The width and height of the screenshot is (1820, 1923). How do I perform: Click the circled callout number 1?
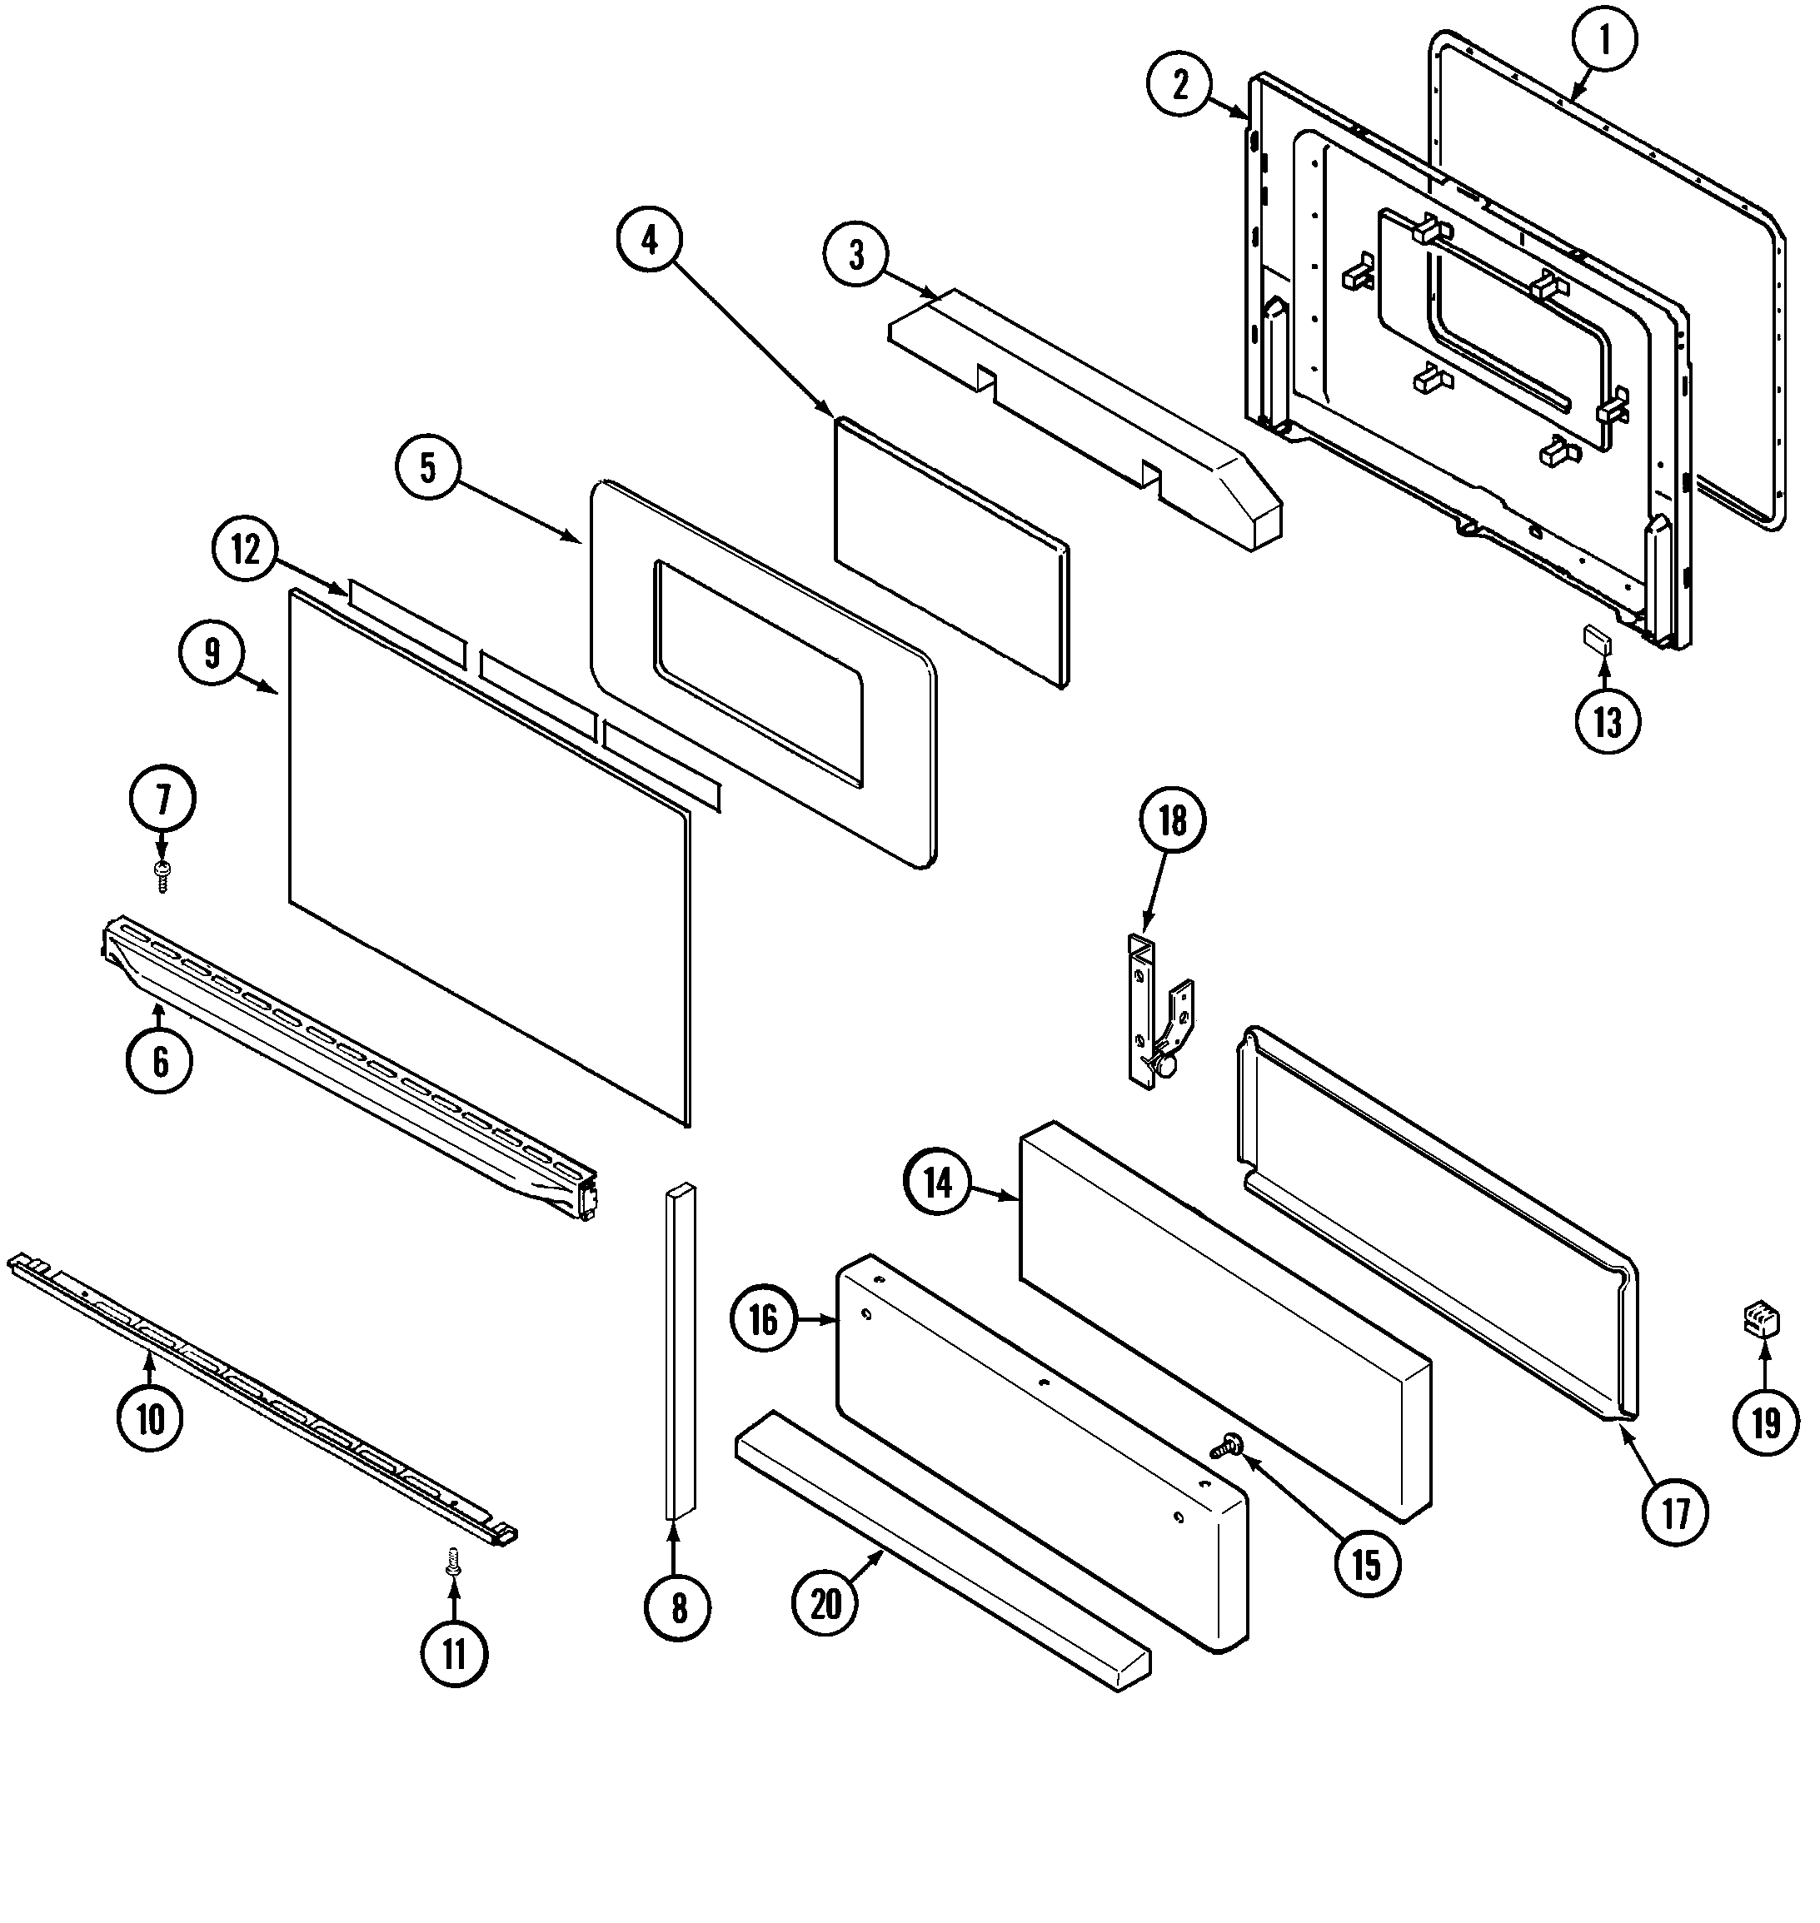tap(1603, 40)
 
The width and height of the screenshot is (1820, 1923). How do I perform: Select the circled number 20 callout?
tap(825, 1604)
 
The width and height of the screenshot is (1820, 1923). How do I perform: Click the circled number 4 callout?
tap(650, 240)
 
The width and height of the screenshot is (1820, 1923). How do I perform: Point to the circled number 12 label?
tap(247, 550)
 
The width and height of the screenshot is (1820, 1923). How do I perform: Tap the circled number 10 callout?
tap(151, 1419)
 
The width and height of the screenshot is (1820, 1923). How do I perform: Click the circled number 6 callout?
tap(160, 1060)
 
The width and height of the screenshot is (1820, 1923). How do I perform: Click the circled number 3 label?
tap(855, 255)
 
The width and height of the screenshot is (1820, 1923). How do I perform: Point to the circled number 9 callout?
tap(212, 653)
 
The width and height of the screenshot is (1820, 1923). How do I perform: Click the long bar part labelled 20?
tap(941, 1553)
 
